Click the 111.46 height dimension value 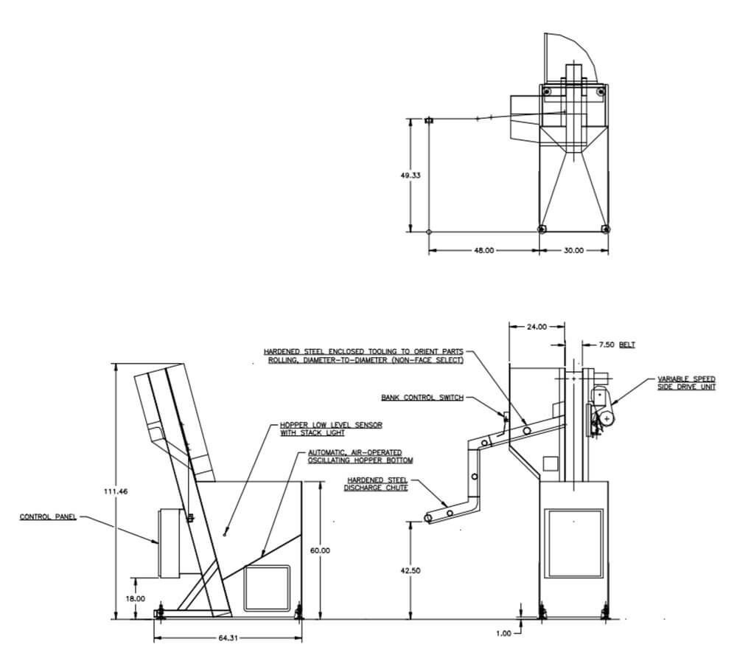115,491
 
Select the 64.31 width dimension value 228,638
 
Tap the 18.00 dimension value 136,599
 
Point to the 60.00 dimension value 320,550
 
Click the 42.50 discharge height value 411,570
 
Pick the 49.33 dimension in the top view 411,175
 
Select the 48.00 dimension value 483,250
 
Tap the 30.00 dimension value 573,250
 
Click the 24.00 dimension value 537,327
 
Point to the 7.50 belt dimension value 607,345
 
